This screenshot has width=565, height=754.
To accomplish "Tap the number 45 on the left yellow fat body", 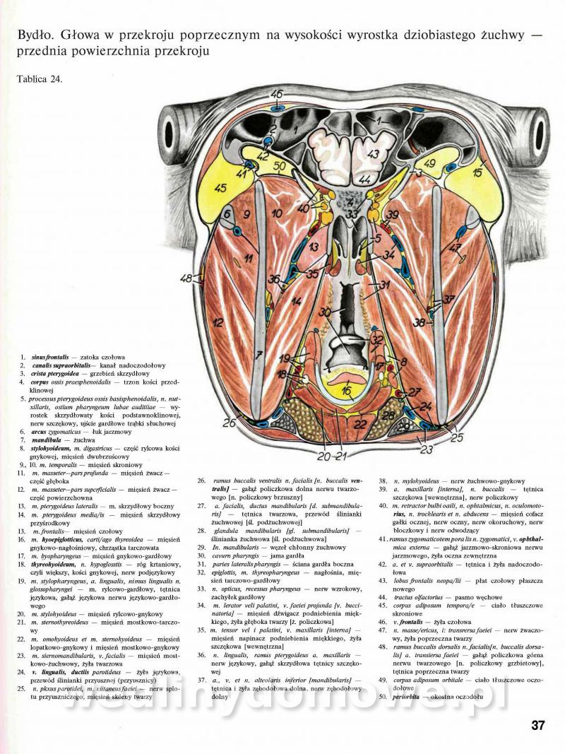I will point(220,189).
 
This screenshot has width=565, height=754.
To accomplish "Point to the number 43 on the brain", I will point(373,153).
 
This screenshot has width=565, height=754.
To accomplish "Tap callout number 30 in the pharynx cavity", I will point(324,312).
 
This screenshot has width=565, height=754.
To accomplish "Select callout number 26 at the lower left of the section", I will point(229,423).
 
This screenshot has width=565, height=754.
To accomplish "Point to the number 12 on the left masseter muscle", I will point(218,322).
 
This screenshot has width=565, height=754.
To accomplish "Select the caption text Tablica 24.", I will point(40,78).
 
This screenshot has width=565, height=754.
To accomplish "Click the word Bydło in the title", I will point(30,33).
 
